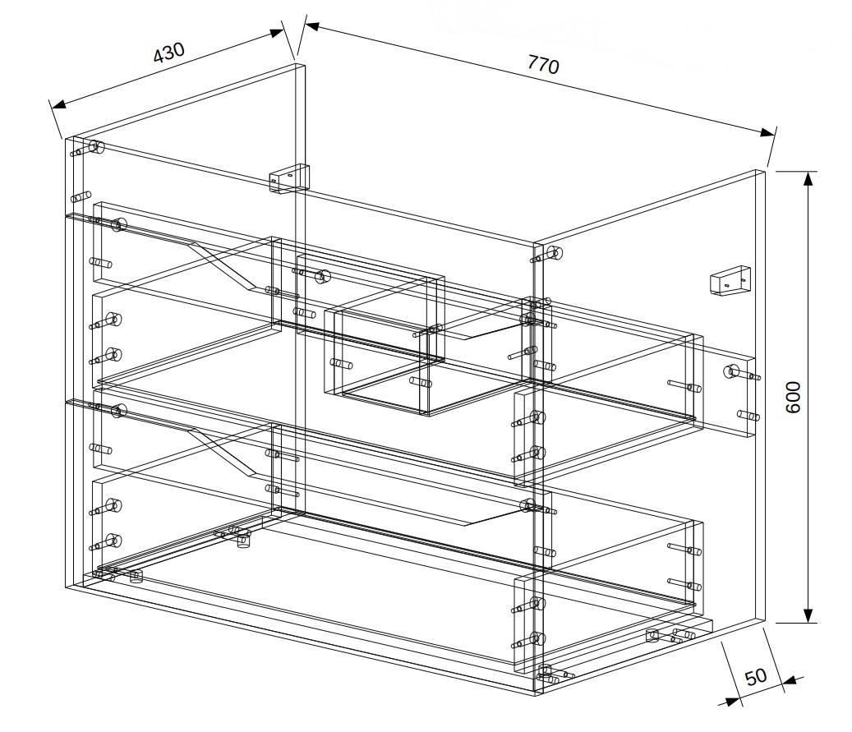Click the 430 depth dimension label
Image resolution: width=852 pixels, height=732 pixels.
[x=169, y=53]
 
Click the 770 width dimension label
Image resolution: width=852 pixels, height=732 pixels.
[x=543, y=65]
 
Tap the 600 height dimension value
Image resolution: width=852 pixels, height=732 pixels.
[x=794, y=398]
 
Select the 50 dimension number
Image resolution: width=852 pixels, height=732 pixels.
[x=755, y=677]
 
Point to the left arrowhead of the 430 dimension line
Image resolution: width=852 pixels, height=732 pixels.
[x=58, y=104]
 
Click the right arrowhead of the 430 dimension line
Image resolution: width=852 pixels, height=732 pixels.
[x=277, y=33]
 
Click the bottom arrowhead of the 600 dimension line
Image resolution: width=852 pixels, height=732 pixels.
[x=808, y=615]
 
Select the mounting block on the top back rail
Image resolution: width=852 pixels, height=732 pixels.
[x=289, y=177]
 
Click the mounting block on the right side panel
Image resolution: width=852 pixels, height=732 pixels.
[x=730, y=280]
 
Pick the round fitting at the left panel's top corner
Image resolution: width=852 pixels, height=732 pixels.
[x=97, y=147]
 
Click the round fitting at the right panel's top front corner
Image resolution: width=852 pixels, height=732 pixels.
[x=555, y=253]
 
